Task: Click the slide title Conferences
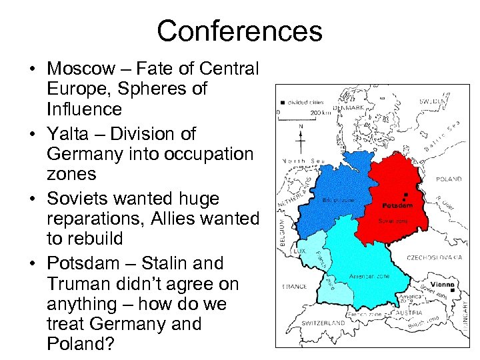coord(239,31)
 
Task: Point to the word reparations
coord(90,219)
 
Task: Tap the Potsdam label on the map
coord(397,205)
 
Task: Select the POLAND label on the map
coord(449,179)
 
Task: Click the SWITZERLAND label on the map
coord(323,323)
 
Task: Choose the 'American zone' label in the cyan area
coord(366,275)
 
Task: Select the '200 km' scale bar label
coord(321,113)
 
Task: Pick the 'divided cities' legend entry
coord(306,103)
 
